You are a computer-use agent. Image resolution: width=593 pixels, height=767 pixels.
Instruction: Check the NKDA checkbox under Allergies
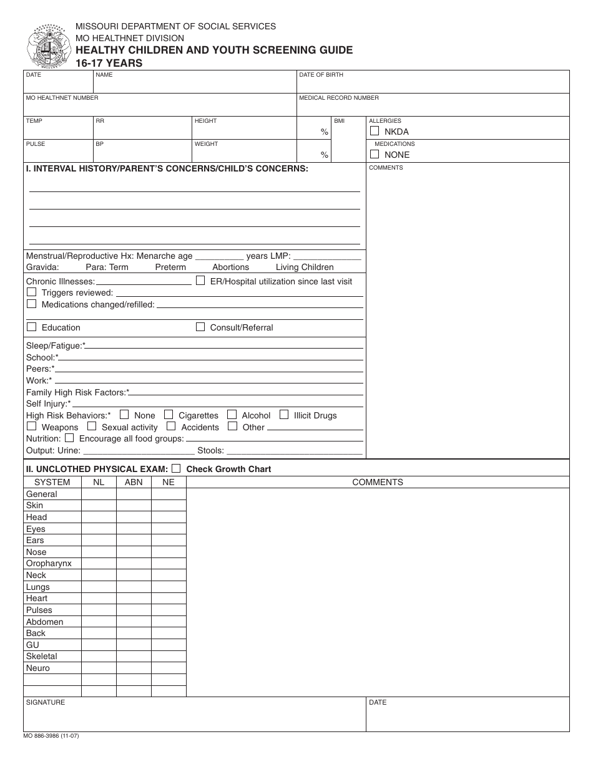(375, 131)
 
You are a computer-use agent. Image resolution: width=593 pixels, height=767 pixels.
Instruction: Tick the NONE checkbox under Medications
(375, 154)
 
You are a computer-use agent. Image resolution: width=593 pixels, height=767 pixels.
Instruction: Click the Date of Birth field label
(321, 75)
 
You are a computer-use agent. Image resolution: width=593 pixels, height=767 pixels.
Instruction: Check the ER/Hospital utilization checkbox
(200, 281)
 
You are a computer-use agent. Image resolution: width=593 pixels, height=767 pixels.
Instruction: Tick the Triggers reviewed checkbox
(31, 292)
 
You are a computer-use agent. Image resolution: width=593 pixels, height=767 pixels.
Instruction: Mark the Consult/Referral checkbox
(200, 327)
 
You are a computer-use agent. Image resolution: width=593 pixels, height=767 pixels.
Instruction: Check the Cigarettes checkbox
(169, 415)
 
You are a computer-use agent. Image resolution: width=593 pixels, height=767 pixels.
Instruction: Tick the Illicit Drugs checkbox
(284, 415)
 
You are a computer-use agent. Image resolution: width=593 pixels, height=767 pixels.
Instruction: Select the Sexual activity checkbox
(92, 427)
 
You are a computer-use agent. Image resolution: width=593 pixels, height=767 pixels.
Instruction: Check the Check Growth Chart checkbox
(176, 468)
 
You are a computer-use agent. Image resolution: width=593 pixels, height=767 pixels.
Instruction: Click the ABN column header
(134, 482)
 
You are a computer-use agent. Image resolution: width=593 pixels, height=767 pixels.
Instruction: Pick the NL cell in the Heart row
(99, 598)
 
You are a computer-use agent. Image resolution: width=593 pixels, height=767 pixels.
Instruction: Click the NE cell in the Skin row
(169, 505)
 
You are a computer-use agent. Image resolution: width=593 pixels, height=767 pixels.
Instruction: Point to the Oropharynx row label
(49, 563)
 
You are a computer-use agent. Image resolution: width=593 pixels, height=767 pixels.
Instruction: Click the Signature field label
(45, 702)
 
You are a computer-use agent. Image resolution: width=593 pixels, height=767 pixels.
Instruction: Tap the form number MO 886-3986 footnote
(51, 736)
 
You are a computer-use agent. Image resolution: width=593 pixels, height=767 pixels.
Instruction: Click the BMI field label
(339, 121)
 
